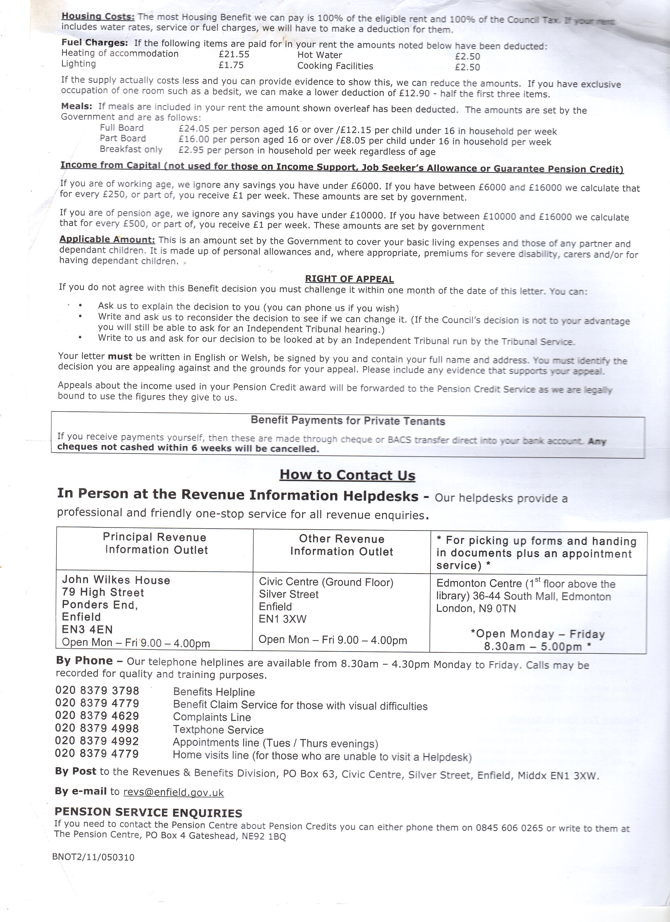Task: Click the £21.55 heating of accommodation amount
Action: tap(234, 54)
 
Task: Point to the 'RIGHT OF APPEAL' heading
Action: tap(349, 279)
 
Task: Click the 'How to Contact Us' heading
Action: tap(347, 475)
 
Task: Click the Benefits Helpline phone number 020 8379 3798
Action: tap(97, 691)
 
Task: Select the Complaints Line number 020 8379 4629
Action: tap(97, 716)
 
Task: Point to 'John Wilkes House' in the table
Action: tap(116, 580)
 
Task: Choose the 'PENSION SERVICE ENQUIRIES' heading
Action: tap(148, 813)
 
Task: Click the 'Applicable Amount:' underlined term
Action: tap(107, 240)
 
